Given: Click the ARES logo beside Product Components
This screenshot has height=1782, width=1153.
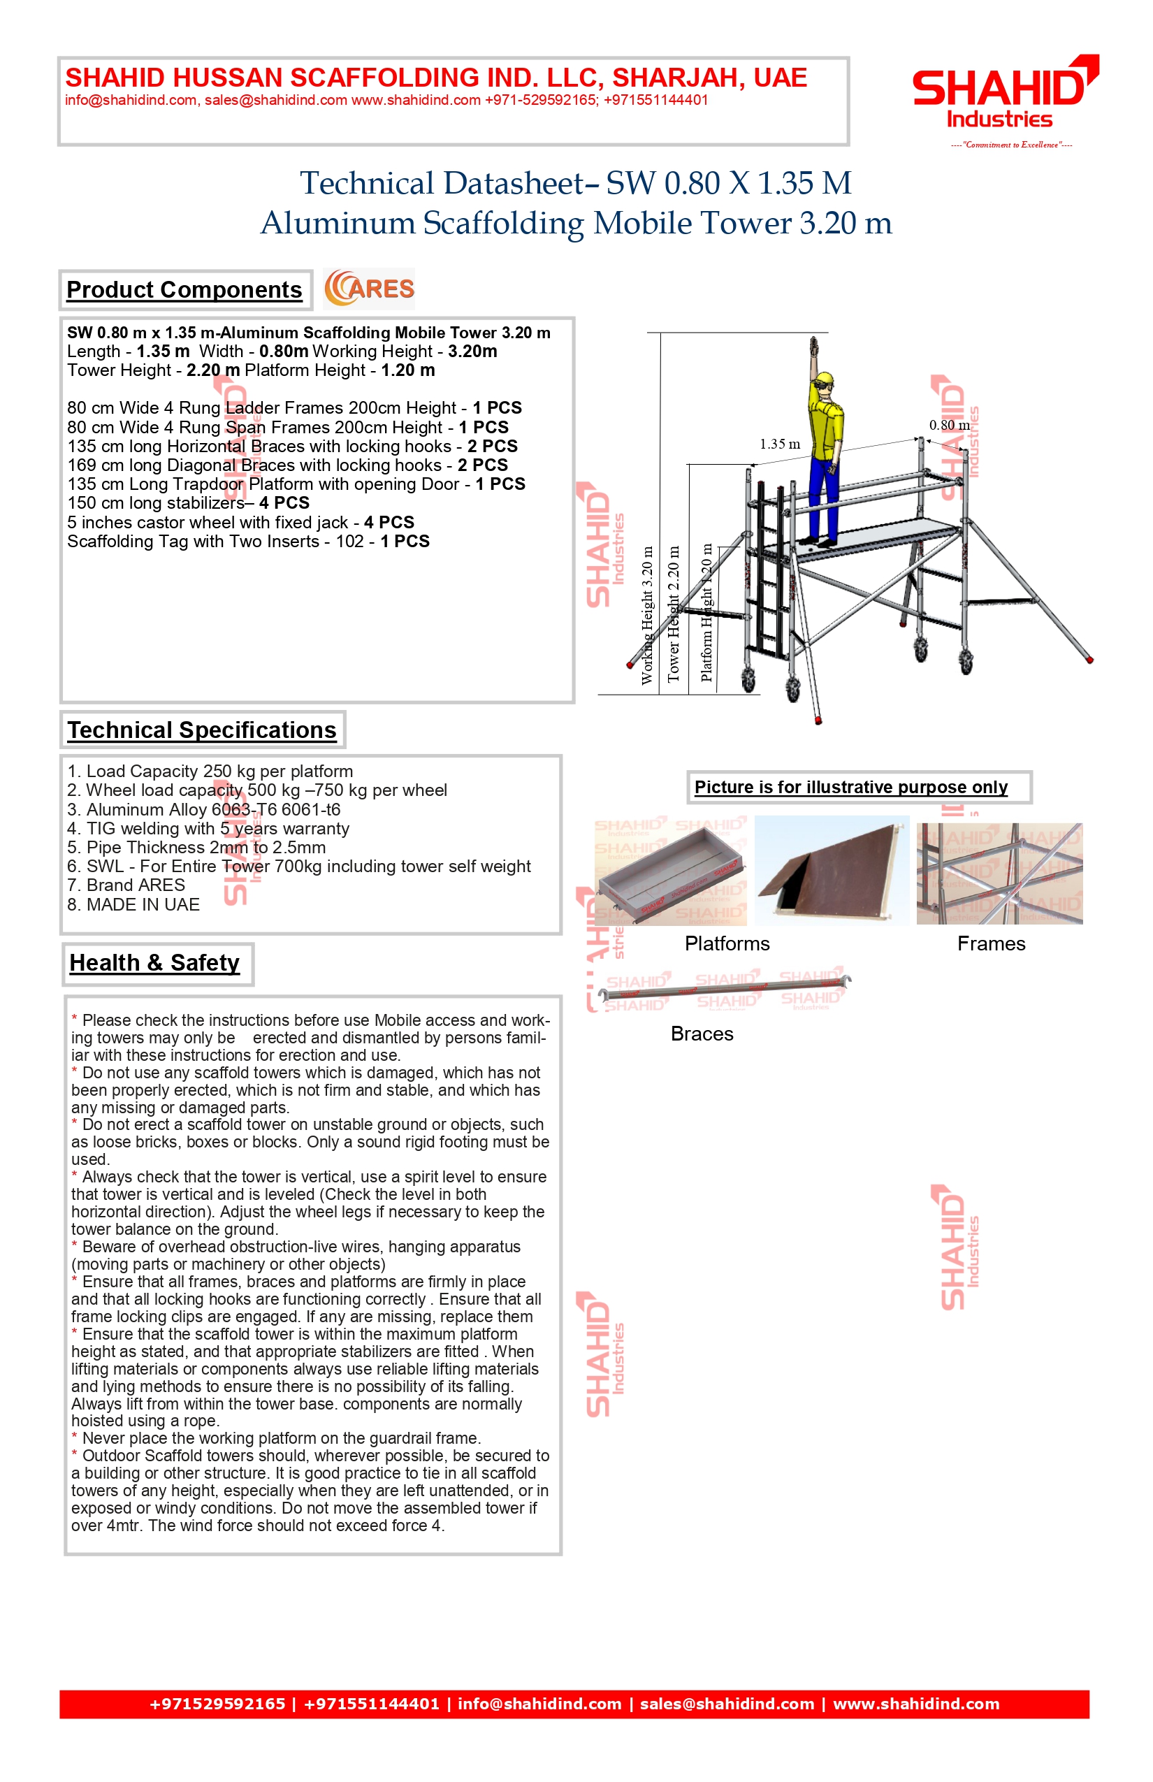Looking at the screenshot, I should [369, 289].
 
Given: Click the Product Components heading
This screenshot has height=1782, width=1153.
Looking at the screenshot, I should [184, 290].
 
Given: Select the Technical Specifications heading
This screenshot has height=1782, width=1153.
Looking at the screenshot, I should [201, 730].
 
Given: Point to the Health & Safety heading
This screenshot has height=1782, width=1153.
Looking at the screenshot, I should [154, 963].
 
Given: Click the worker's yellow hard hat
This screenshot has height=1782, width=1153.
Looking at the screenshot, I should [825, 379].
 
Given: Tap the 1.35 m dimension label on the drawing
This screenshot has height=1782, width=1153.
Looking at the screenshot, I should [779, 444].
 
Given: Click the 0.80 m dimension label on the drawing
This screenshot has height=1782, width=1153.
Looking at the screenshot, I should [949, 426].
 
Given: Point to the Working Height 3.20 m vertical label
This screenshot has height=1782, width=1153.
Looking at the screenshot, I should [648, 616].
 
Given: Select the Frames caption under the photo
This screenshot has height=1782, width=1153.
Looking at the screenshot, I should [991, 943].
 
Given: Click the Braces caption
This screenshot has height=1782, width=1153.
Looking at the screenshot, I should [702, 1034].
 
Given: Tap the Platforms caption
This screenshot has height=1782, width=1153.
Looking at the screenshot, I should [726, 943].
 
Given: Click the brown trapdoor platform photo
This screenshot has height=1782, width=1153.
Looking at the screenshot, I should [831, 870].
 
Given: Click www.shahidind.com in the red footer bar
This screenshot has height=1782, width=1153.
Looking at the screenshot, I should [915, 1704].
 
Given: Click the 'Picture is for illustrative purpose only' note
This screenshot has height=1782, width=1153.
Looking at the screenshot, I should [850, 787].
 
